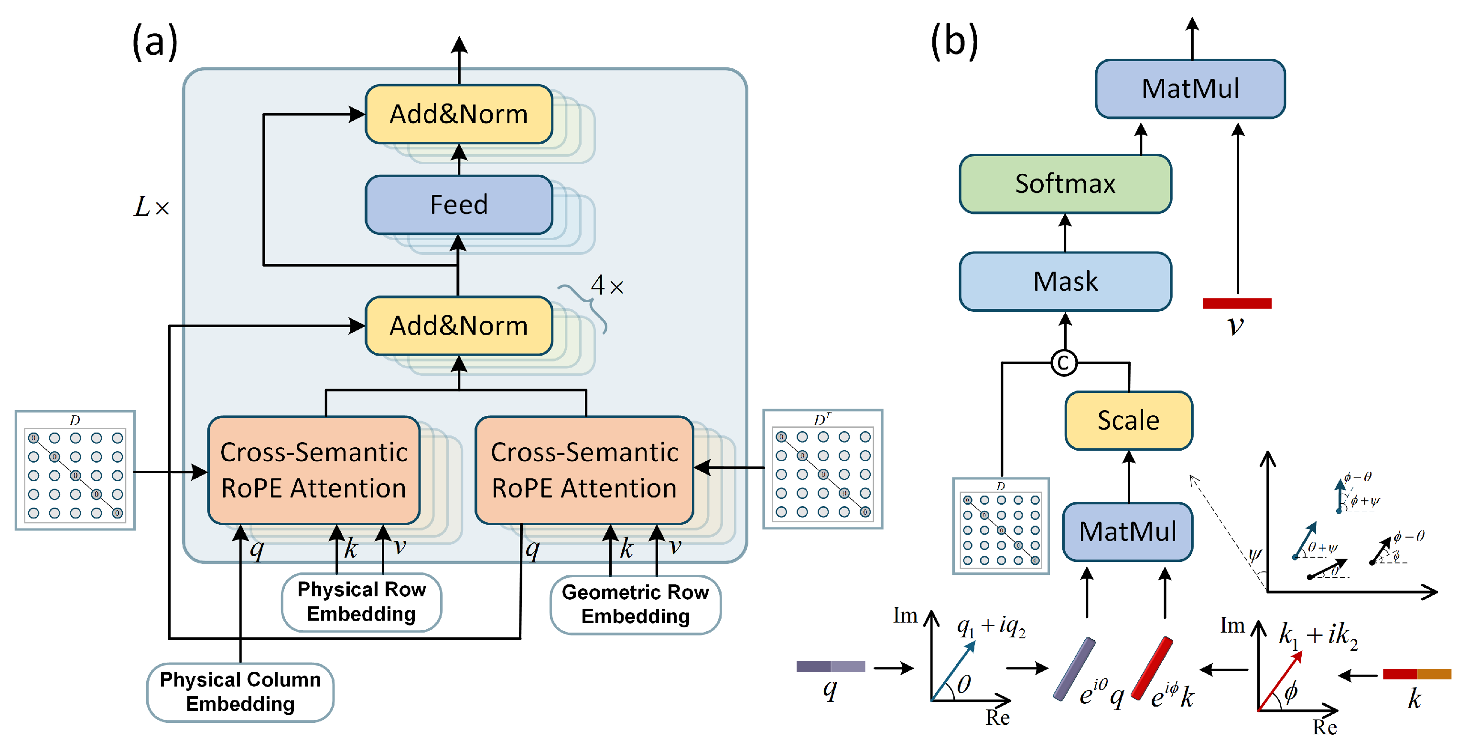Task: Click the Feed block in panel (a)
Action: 458,204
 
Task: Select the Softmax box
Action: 1065,184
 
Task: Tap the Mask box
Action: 1065,282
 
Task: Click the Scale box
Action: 1128,421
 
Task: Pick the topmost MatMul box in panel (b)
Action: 1190,89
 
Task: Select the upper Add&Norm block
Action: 458,114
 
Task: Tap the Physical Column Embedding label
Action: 240,692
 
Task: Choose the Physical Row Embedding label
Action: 362,602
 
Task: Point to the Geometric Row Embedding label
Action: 635,604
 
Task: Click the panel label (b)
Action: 954,42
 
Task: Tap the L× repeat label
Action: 151,207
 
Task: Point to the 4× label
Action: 607,286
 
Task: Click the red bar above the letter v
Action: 1236,303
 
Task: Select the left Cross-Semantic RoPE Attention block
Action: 313,471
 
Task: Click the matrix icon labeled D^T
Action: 822,469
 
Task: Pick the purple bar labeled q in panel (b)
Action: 830,666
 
